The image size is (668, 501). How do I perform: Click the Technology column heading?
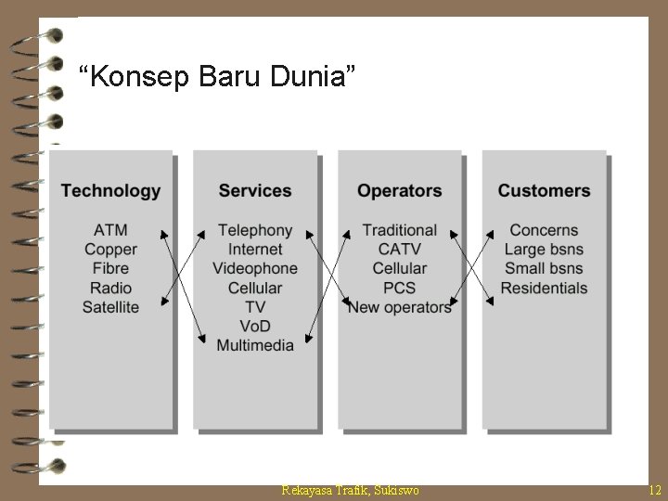[x=110, y=191]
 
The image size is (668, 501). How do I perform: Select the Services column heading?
[x=255, y=191]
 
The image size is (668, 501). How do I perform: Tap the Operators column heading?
[x=400, y=191]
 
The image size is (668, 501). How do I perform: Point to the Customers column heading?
[x=544, y=191]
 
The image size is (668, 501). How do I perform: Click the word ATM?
[x=110, y=230]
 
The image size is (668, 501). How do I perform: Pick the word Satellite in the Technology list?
[x=110, y=307]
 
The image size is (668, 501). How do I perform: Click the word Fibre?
[x=110, y=268]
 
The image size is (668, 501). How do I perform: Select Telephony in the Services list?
[x=255, y=230]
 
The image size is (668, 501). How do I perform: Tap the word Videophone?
[x=255, y=268]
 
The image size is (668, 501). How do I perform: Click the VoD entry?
[x=255, y=327]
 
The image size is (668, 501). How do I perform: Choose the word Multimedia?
[x=255, y=345]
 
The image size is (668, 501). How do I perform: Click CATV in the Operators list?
[x=400, y=250]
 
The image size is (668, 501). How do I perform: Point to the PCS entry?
[x=400, y=288]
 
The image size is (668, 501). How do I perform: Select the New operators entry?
[x=400, y=307]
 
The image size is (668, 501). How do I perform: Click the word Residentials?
[x=544, y=288]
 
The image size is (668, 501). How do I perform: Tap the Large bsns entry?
[x=544, y=250]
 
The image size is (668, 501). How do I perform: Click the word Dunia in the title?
[x=318, y=76]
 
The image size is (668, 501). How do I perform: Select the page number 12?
[x=655, y=489]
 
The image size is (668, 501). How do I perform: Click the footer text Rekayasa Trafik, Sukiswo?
[x=350, y=489]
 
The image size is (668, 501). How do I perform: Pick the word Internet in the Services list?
[x=255, y=250]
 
